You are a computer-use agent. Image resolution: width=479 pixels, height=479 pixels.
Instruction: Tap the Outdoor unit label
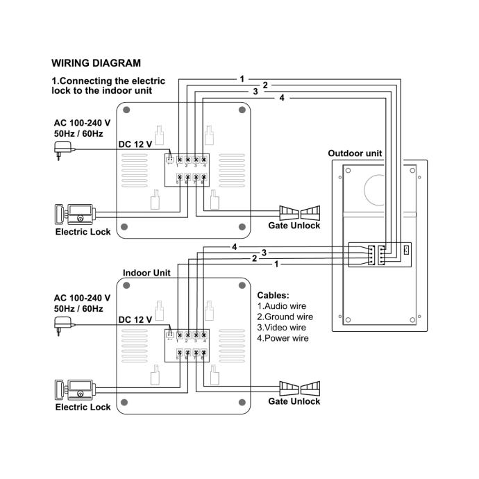click(355, 153)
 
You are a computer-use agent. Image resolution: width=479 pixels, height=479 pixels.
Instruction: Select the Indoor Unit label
click(146, 274)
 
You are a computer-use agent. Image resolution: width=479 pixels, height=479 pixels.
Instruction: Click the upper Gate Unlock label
click(294, 226)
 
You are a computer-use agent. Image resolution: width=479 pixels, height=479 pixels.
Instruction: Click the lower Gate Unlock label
click(294, 401)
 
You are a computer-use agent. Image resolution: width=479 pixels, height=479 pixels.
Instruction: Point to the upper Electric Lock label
click(83, 232)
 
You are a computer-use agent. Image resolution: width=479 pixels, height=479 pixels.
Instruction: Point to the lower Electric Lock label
click(83, 407)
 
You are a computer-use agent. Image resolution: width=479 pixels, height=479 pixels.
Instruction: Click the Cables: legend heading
click(273, 294)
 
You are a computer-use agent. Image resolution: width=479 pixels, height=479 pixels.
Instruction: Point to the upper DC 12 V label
click(135, 144)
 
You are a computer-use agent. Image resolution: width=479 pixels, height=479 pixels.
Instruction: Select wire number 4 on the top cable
click(281, 98)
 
